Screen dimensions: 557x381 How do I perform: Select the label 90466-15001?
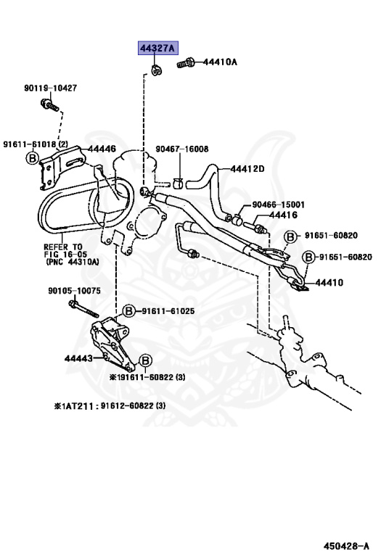(278, 205)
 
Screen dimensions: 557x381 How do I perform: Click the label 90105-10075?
(74, 291)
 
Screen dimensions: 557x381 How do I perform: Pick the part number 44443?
(78, 358)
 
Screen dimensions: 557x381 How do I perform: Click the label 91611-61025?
(168, 310)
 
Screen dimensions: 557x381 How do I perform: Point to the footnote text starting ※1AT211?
(110, 405)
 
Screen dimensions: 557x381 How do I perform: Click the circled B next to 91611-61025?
(128, 310)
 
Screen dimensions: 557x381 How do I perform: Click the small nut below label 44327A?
(156, 70)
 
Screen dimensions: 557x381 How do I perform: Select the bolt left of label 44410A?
(183, 64)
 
